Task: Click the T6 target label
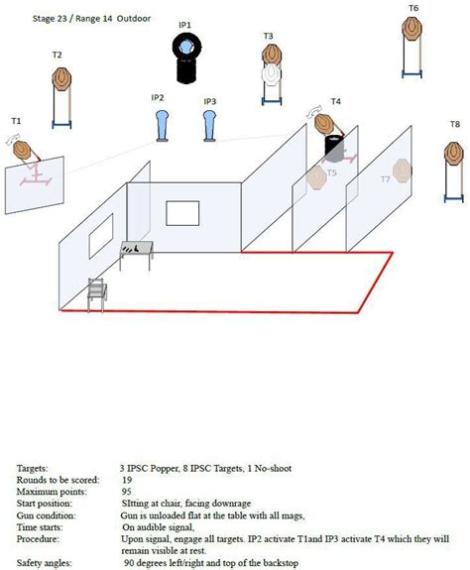(413, 8)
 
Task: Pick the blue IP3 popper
(209, 126)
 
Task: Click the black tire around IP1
(186, 48)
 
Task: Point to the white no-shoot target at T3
(271, 73)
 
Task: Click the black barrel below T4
(334, 149)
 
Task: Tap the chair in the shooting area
(97, 294)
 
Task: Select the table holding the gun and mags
(136, 255)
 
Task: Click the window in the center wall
(182, 213)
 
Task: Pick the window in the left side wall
(101, 236)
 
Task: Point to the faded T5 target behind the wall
(316, 177)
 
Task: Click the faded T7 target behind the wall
(403, 171)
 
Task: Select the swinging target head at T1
(23, 151)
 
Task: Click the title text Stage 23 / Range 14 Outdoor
(91, 19)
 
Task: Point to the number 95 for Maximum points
(126, 492)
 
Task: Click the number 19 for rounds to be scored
(127, 480)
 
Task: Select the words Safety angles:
(44, 563)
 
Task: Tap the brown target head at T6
(411, 29)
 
